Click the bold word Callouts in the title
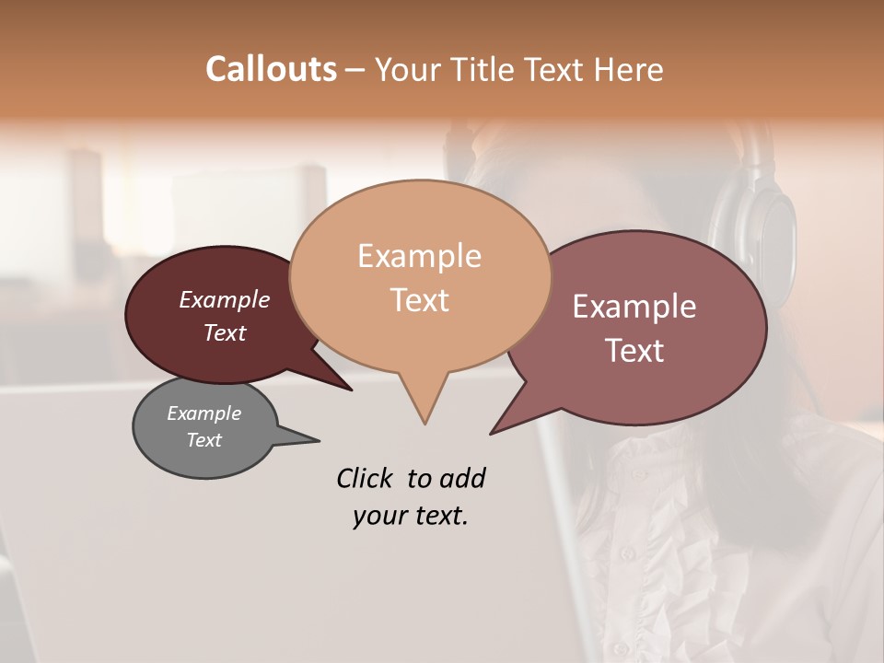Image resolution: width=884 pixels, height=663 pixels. coord(271,69)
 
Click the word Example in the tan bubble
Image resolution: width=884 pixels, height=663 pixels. coord(419,256)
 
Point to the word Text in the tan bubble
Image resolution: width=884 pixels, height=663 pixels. coord(419,299)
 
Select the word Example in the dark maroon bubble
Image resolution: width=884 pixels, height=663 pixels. coord(224,299)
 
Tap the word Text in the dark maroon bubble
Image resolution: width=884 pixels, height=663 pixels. coord(224,332)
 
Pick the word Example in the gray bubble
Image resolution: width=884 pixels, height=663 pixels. coord(204,413)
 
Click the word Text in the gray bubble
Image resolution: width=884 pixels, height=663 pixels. coord(204,440)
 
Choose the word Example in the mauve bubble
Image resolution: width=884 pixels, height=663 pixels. coord(634,307)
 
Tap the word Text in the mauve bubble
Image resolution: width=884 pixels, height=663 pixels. coord(634,350)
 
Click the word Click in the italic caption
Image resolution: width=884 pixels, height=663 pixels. coord(366,478)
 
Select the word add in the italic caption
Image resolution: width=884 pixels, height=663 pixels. coord(462,478)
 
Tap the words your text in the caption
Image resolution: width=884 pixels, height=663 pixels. coord(410,516)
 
